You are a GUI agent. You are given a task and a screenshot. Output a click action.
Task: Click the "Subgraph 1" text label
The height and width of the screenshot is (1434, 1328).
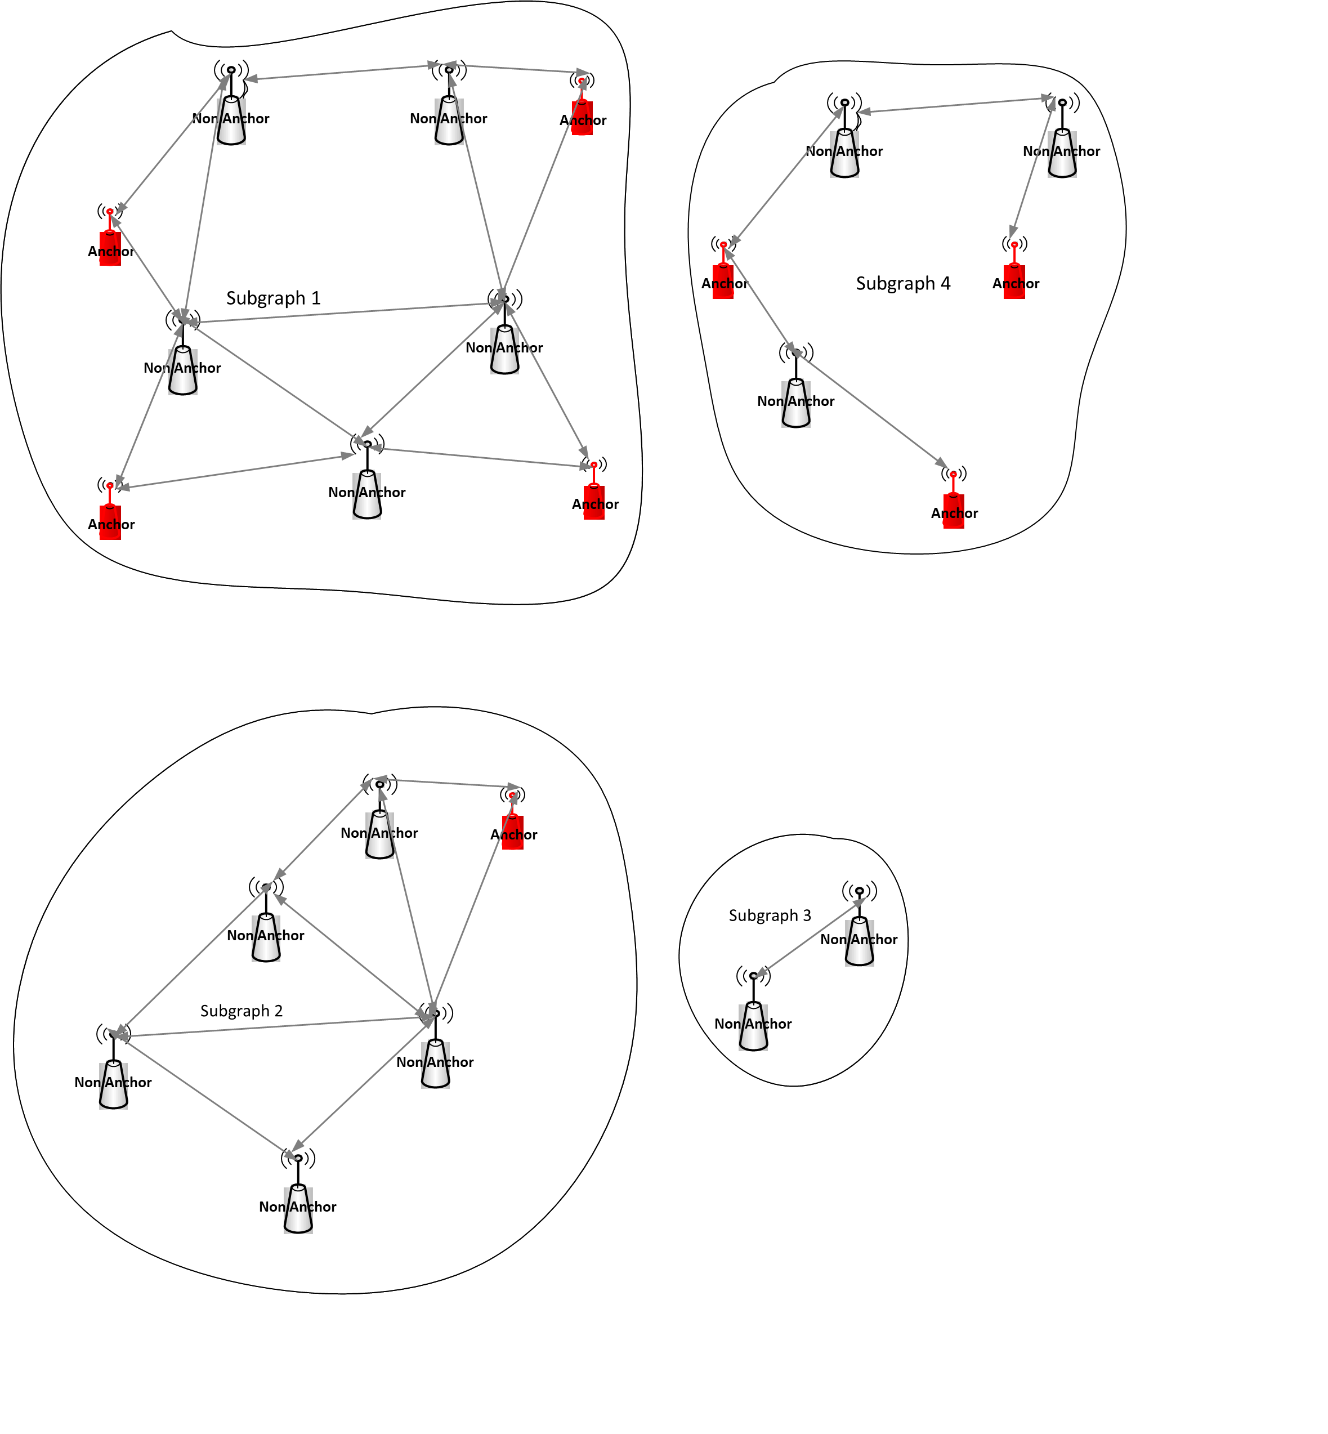273,298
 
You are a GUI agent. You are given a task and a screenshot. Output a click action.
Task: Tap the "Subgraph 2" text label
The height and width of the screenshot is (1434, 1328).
242,1011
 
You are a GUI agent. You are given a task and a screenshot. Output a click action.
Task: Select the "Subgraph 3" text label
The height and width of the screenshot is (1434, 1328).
770,915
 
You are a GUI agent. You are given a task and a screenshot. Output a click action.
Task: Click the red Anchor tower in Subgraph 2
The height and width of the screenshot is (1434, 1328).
512,827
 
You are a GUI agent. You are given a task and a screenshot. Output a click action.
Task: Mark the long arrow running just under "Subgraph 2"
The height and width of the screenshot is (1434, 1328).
273,1026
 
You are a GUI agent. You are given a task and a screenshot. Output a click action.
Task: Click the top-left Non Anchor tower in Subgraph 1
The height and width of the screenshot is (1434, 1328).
231,115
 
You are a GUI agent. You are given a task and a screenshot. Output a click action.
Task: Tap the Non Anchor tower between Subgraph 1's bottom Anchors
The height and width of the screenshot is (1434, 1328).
367,489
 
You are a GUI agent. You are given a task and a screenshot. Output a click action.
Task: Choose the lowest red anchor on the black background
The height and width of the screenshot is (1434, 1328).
953,507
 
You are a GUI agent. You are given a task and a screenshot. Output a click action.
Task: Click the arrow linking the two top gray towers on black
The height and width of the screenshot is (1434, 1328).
956,105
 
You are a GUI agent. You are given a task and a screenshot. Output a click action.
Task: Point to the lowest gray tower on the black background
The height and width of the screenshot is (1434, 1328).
795,399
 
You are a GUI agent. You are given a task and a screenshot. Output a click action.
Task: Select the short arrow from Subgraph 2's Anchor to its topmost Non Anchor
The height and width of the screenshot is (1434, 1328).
445,783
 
